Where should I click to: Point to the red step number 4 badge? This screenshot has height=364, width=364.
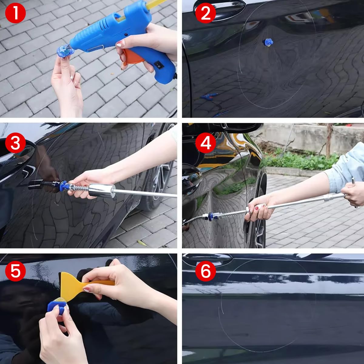206,143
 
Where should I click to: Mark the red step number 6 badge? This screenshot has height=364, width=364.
206,270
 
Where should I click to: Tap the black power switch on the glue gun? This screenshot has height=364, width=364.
158,65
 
